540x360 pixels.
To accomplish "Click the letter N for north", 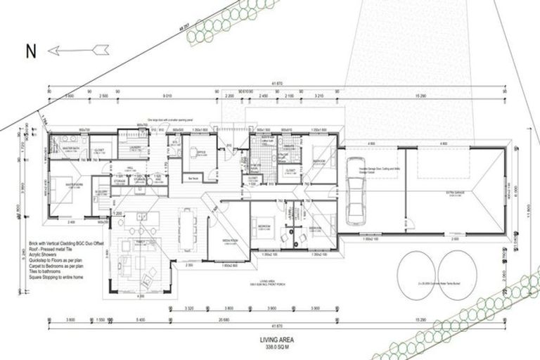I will tap(30, 51).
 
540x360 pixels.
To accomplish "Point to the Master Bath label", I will tap(70, 148).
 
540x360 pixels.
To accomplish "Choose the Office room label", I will tap(200, 153).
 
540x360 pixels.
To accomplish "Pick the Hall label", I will tap(130, 167).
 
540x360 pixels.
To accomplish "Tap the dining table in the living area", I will tap(186, 224).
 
